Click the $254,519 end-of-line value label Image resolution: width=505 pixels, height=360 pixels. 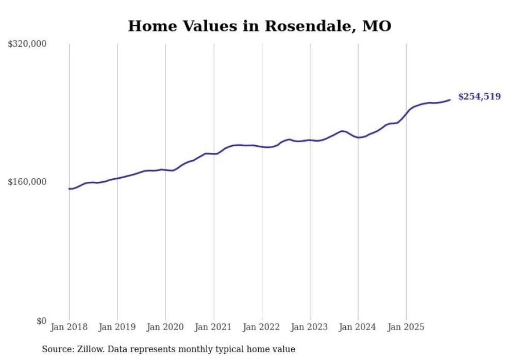(x=479, y=96)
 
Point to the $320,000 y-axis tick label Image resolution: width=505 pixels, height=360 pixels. (x=27, y=44)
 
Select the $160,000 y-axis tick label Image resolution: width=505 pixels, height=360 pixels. (x=27, y=182)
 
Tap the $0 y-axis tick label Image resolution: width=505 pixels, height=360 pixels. (x=41, y=321)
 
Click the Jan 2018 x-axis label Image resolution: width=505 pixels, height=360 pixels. (x=69, y=327)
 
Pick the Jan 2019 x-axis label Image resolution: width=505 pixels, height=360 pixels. (x=117, y=327)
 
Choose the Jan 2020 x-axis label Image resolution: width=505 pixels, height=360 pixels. (x=165, y=327)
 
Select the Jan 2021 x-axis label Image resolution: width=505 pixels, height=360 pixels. (x=213, y=327)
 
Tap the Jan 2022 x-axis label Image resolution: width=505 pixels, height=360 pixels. (x=262, y=327)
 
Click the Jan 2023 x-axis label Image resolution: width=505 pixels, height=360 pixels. (x=310, y=327)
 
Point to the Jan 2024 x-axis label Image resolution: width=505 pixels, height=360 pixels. (x=358, y=327)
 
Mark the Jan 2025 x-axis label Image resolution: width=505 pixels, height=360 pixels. (x=406, y=327)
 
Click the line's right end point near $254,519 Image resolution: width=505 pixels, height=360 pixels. (x=450, y=100)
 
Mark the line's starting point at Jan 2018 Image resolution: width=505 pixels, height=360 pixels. (x=69, y=188)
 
